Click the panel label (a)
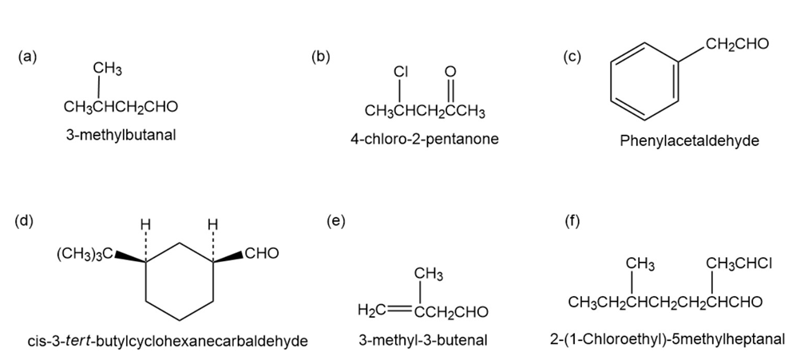coord(28,57)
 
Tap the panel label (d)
coord(25,220)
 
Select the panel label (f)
coord(572,221)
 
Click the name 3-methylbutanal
coord(121,134)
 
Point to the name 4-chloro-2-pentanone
coord(424,139)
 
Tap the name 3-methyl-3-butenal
coord(423,341)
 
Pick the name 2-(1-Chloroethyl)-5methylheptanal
coord(667,338)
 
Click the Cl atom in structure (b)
coord(400,72)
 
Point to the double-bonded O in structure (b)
coord(450,72)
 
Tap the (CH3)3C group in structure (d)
coord(83,255)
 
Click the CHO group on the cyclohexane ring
coord(261,255)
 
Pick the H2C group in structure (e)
coord(372,311)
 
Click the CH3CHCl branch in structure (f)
coord(739,263)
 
